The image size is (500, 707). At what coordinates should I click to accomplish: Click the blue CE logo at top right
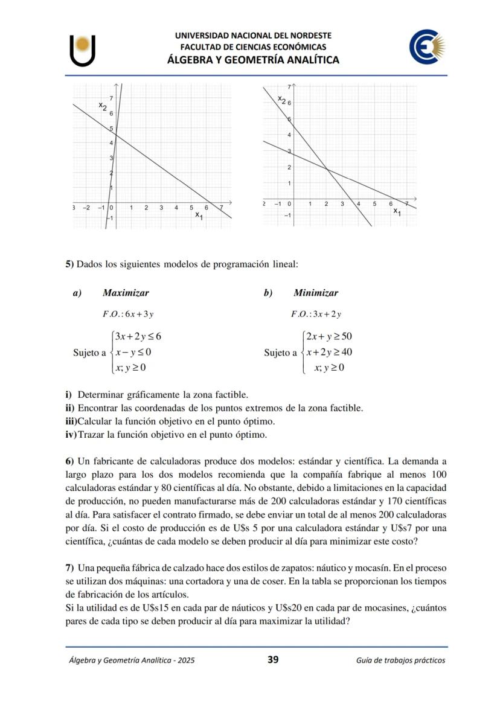pyautogui.click(x=427, y=48)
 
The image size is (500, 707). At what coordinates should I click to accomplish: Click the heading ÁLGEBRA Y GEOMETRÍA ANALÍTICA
pyautogui.click(x=253, y=60)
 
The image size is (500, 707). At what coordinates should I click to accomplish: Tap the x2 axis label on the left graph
pyautogui.click(x=103, y=106)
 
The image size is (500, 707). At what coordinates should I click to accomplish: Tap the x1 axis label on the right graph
pyautogui.click(x=396, y=211)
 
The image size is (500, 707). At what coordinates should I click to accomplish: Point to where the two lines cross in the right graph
pyautogui.click(x=327, y=170)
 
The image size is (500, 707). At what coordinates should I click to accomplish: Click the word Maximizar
pyautogui.click(x=126, y=293)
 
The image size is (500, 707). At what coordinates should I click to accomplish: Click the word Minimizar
pyautogui.click(x=316, y=293)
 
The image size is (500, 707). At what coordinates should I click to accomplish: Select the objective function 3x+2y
pyautogui.click(x=316, y=314)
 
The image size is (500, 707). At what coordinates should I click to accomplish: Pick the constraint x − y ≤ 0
pyautogui.click(x=133, y=352)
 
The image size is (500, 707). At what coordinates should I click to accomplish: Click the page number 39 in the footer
pyautogui.click(x=273, y=659)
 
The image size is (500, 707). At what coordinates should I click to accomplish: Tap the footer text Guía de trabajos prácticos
pyautogui.click(x=400, y=660)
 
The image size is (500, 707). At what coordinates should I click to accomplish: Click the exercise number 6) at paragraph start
pyautogui.click(x=69, y=462)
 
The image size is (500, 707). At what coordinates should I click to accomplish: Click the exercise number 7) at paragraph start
pyautogui.click(x=69, y=568)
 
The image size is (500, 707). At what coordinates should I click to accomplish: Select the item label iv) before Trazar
pyautogui.click(x=71, y=434)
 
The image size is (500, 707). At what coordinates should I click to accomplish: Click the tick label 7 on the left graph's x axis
pyautogui.click(x=221, y=208)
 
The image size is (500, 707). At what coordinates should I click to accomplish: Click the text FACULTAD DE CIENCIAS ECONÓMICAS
pyautogui.click(x=253, y=46)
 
